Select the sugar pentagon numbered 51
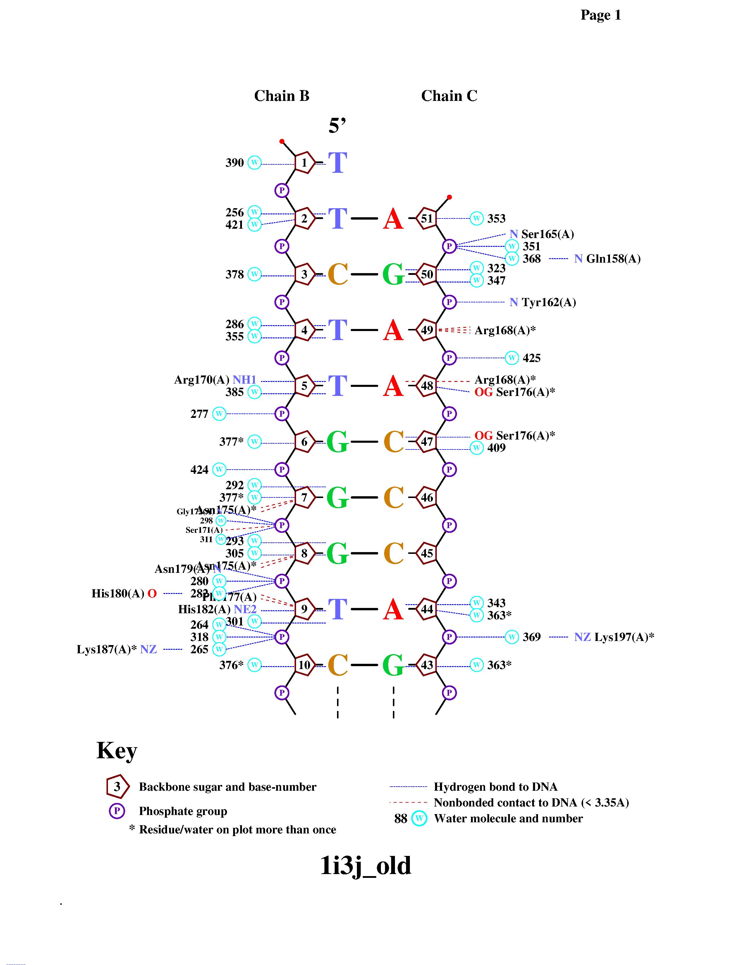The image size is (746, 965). tap(427, 218)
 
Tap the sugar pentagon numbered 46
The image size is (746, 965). tap(427, 497)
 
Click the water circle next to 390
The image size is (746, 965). tap(254, 163)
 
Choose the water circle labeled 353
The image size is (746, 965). tap(476, 218)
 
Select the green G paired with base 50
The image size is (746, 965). tap(393, 274)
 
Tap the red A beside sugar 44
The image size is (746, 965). tap(393, 610)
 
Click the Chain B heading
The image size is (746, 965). tap(281, 96)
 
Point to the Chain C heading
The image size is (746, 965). tap(449, 96)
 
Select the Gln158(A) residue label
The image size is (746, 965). tap(613, 259)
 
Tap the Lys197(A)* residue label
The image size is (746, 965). tap(624, 637)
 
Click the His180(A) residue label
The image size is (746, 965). tap(118, 593)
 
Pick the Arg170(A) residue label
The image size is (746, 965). tap(202, 380)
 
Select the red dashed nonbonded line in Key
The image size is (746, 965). tap(408, 802)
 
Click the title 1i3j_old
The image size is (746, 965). tap(365, 866)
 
